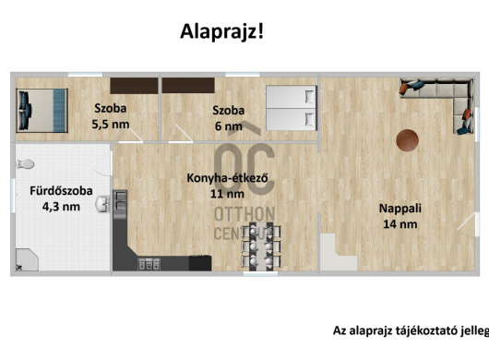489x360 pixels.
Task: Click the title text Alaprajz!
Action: (221, 33)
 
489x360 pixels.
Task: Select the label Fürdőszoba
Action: (60, 191)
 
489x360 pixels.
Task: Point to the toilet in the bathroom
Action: (26, 165)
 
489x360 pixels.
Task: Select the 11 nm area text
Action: (228, 194)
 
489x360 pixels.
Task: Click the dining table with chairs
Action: (257, 247)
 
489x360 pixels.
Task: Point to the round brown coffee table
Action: (406, 139)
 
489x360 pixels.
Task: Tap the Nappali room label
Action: (399, 208)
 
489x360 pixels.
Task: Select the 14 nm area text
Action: (399, 223)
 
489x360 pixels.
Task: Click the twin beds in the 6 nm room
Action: (291, 109)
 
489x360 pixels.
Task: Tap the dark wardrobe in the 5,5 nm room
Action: (128, 85)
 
